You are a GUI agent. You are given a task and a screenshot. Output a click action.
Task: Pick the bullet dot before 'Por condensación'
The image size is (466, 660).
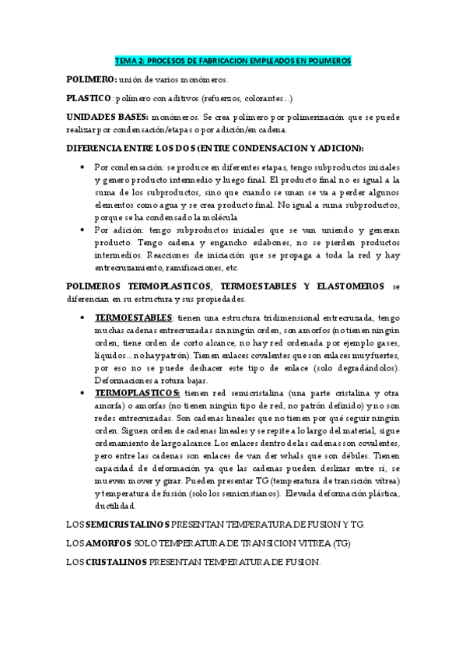pyautogui.click(x=82, y=167)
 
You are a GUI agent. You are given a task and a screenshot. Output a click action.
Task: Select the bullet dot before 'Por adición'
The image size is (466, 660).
pyautogui.click(x=82, y=230)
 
